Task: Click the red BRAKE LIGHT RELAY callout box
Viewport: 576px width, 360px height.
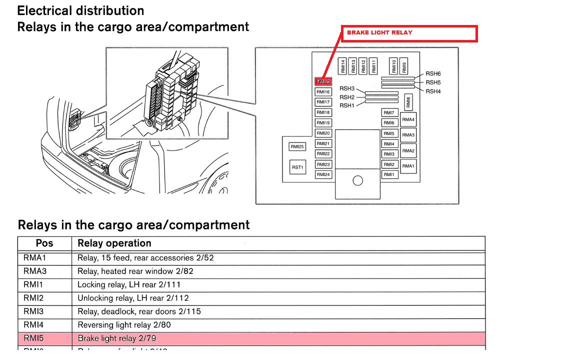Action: coord(409,33)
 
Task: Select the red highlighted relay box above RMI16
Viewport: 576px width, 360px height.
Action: coord(323,81)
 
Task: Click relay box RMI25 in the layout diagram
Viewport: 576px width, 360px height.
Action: coord(297,147)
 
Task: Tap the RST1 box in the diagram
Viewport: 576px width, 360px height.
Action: coord(297,167)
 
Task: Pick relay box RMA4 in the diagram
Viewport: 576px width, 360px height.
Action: coord(408,120)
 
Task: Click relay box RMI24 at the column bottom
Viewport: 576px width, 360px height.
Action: coord(323,175)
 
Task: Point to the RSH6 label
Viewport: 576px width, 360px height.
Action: coord(433,74)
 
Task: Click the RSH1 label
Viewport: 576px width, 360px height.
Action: coord(346,105)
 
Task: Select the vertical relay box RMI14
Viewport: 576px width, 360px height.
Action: coord(343,66)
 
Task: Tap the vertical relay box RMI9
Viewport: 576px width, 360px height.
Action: coord(404,66)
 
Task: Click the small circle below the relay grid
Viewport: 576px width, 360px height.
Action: coord(357,181)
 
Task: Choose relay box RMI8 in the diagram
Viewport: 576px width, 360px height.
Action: coord(408,102)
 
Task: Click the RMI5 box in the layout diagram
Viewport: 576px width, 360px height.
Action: coord(389,133)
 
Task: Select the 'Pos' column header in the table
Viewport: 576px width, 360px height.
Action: coord(44,243)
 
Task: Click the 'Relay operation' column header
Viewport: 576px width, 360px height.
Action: coord(114,243)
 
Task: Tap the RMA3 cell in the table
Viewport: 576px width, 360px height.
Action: coord(33,271)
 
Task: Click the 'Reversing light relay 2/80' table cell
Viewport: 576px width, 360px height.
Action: coord(124,325)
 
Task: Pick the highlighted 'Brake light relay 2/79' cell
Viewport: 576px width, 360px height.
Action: coord(116,338)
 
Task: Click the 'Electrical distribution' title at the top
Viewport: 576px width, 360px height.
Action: coord(80,10)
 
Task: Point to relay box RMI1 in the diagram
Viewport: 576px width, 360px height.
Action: coord(389,175)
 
